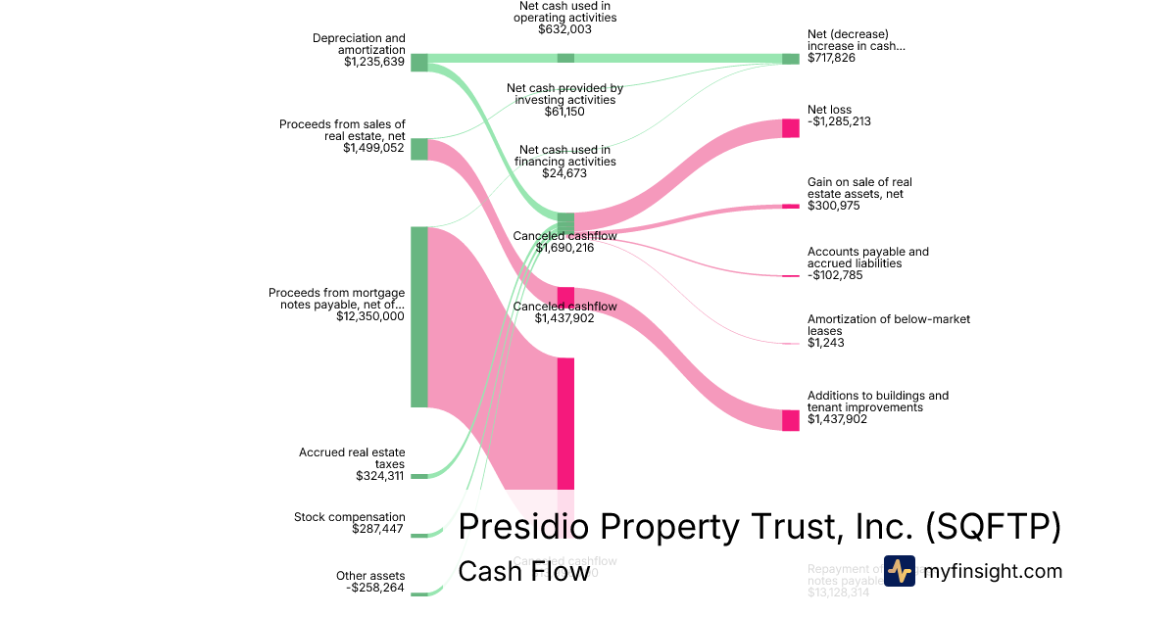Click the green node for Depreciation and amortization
pos(418,63)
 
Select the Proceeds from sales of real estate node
pos(418,149)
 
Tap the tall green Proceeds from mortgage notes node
pos(418,316)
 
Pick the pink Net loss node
pos(791,127)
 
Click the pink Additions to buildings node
pos(791,420)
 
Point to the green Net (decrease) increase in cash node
pos(791,59)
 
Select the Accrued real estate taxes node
pos(418,476)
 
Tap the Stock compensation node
pos(418,536)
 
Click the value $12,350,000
pos(370,316)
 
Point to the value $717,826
pos(832,59)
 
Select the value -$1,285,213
pos(839,121)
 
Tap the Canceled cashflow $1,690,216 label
pos(564,242)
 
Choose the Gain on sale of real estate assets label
pos(859,188)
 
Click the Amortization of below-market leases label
pos(888,325)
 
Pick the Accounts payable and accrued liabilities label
pos(867,258)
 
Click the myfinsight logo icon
pos(900,570)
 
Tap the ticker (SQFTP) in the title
pos(993,527)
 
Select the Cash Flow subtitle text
pos(523,571)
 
